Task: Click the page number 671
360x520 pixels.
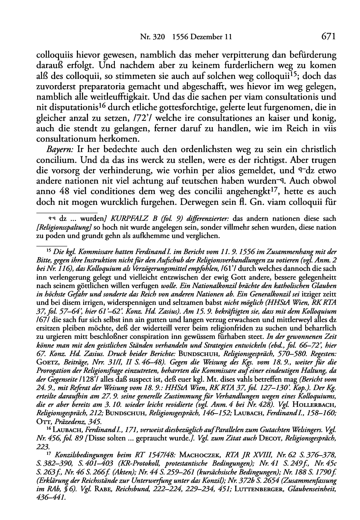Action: (328, 36)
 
